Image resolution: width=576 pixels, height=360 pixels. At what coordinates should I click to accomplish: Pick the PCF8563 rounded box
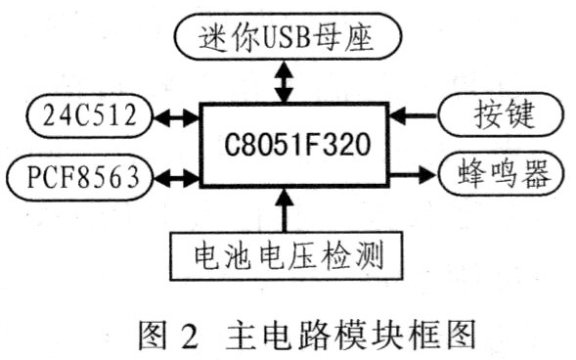78,177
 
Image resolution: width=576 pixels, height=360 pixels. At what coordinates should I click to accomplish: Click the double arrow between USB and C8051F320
285,80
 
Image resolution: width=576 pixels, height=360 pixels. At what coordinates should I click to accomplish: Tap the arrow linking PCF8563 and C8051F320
175,177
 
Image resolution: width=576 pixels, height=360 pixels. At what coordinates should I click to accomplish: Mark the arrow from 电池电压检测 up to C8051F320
285,210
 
